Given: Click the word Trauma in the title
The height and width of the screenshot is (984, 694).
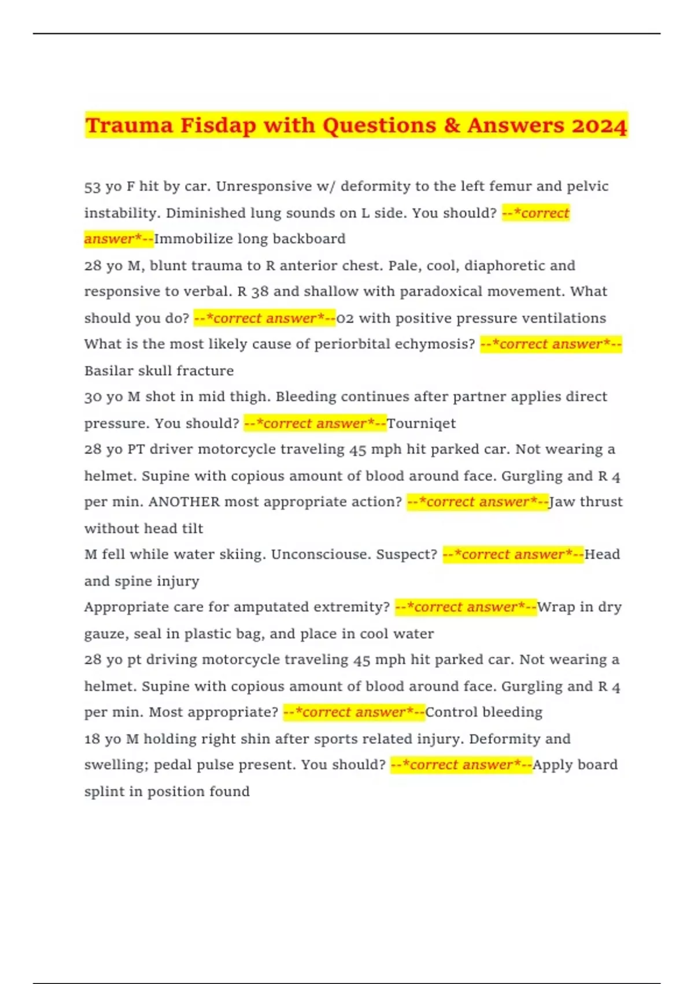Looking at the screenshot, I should click(129, 126).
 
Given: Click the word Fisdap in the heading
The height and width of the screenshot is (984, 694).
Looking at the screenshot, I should click(218, 126).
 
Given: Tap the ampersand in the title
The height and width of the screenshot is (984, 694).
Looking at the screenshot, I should click(452, 126).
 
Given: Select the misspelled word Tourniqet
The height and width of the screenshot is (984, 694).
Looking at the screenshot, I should click(421, 424).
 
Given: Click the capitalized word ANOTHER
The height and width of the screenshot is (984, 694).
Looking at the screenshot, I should click(184, 502).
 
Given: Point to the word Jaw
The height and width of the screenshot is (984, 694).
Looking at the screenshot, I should click(562, 502).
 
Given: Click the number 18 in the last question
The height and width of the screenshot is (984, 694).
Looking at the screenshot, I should click(93, 739).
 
